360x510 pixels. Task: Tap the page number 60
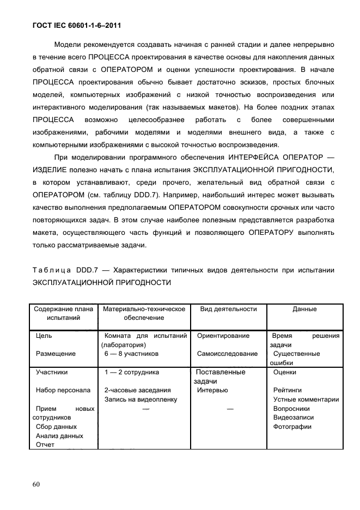[x=36, y=484]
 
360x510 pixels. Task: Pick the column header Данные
[x=304, y=309]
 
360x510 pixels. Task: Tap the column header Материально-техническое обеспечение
[x=144, y=313]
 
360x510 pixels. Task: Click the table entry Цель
[x=44, y=336]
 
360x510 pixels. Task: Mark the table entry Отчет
[x=45, y=445]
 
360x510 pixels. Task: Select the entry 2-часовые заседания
[x=137, y=390]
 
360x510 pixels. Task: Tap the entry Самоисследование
[x=227, y=354]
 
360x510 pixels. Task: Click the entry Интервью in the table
[x=212, y=390]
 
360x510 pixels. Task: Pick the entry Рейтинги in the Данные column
[x=288, y=390]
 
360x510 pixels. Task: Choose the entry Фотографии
[x=292, y=427]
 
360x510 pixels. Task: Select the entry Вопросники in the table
[x=291, y=408]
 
